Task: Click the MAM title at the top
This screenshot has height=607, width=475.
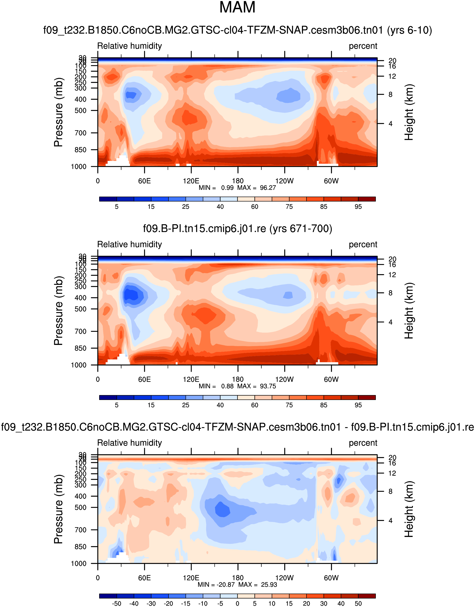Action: tap(237, 8)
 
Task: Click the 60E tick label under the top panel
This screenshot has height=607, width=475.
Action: tap(144, 181)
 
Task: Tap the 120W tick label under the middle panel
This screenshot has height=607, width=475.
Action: tap(284, 379)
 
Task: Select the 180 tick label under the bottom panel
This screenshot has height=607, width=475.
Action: tap(238, 578)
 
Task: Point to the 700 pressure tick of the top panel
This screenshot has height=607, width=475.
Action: tap(80, 133)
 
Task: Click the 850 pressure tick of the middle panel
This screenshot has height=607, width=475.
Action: tap(80, 348)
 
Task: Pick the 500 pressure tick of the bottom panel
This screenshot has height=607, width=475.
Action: tap(80, 507)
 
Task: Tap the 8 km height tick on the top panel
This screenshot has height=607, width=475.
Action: tap(390, 94)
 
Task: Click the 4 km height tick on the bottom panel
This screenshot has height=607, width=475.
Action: tap(390, 521)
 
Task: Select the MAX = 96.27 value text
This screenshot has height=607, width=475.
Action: tap(256, 188)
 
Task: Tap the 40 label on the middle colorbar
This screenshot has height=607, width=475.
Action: tap(220, 405)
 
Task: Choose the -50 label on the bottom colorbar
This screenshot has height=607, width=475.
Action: tap(116, 604)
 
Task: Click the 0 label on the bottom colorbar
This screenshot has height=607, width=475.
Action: tap(237, 604)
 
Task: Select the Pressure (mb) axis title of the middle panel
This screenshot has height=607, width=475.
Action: tap(58, 311)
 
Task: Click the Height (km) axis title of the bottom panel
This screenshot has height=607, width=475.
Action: tap(409, 509)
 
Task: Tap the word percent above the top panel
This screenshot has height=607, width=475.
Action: tap(363, 46)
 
